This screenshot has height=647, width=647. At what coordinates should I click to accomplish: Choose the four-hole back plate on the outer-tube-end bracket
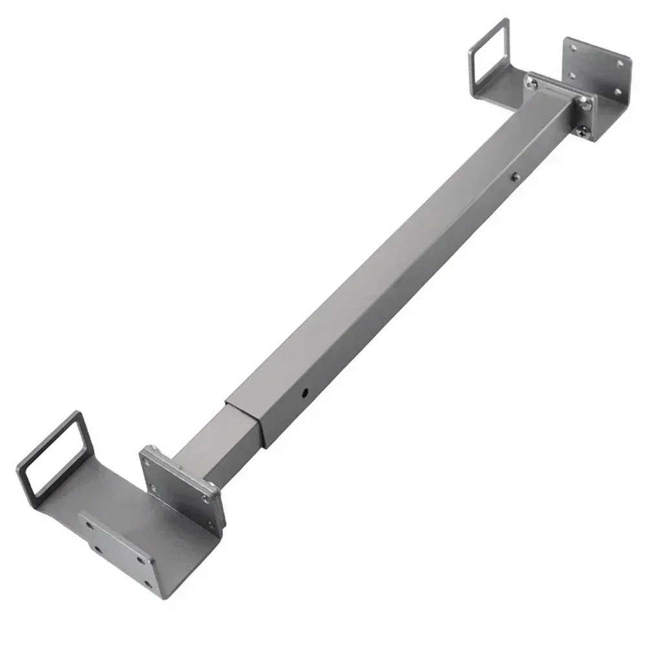pyautogui.click(x=596, y=71)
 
